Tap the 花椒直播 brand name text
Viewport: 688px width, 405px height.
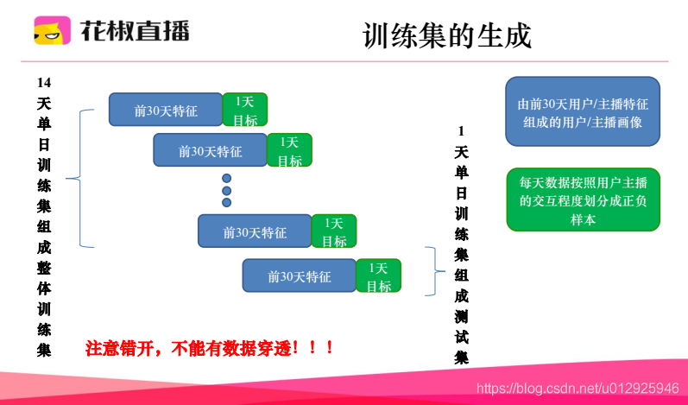135,31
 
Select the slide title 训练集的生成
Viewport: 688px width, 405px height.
447,36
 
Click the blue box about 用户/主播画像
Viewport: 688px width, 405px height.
583,111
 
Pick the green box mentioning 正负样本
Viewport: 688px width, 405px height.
583,199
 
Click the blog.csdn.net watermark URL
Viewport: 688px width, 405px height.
577,389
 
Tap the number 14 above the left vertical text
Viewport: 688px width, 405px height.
44,83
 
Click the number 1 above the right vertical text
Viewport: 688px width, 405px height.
461,131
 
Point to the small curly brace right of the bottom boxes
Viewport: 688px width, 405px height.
435,271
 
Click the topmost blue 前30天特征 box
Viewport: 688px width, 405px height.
166,110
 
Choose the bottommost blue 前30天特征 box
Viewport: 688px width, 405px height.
299,276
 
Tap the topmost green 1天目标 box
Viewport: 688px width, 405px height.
244,110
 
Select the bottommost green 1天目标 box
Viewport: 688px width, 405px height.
378,276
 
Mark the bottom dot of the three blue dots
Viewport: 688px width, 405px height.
227,203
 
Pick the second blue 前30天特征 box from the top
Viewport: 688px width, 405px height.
210,150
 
